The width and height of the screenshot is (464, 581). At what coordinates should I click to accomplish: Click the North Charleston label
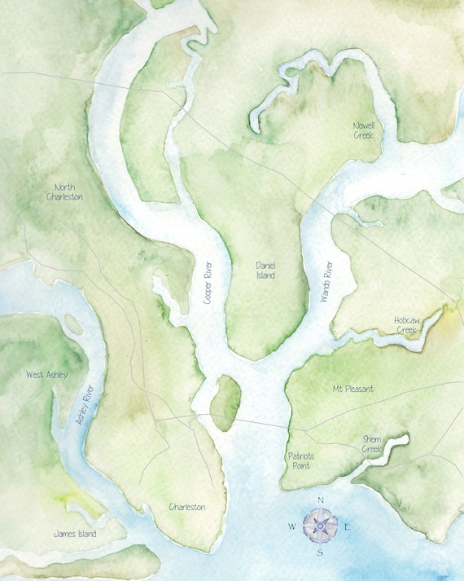tap(64, 191)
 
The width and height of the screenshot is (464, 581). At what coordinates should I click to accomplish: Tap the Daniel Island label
tap(265, 271)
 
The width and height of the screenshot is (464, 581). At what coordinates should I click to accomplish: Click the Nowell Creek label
tap(363, 130)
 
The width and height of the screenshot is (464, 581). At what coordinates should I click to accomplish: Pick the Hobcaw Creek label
tap(406, 325)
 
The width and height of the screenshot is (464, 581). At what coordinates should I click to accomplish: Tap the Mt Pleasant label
tap(353, 389)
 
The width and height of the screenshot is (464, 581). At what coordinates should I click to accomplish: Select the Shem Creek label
tap(371, 444)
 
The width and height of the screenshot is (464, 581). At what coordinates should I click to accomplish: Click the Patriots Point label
tap(300, 460)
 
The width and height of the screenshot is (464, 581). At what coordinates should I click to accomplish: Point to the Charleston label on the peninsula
tap(186, 507)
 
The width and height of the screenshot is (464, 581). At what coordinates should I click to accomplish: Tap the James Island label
tap(74, 534)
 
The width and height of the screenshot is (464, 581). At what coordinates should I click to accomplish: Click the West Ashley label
tap(46, 375)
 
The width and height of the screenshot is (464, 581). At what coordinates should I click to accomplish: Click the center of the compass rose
tap(320, 526)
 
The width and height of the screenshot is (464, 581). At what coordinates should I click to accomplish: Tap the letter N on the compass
tap(321, 500)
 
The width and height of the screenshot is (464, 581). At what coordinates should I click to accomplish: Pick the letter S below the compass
tap(320, 553)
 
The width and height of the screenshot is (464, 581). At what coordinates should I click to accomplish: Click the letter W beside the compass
tap(291, 526)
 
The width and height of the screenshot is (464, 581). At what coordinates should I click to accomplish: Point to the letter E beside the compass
tap(348, 526)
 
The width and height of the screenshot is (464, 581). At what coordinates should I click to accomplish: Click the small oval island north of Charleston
tap(225, 403)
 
